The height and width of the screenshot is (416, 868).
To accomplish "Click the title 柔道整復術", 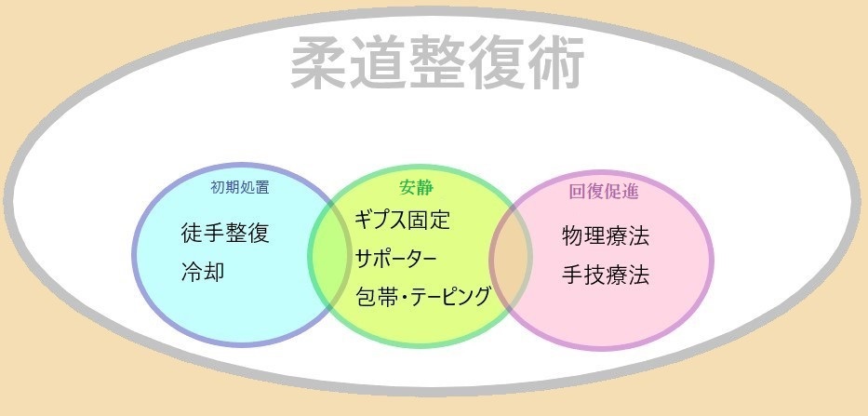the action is point(437,63).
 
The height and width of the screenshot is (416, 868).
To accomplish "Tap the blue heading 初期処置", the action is point(240,187).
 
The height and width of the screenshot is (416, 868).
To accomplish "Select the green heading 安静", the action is point(416,188).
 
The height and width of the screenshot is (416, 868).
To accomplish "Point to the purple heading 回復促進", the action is point(604,192).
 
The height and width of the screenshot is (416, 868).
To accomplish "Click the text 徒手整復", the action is point(225,233).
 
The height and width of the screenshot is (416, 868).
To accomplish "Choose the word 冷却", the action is point(203,272).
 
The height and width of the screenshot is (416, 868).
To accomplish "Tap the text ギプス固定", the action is point(403,220).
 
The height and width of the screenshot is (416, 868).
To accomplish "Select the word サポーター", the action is point(395,259).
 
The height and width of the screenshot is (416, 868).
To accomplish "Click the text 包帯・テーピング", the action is point(423,296).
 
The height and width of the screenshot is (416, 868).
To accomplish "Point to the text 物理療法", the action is point(606,236).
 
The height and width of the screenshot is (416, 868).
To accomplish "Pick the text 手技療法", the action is point(606,275).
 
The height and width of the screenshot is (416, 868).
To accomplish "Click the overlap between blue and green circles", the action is point(330,256).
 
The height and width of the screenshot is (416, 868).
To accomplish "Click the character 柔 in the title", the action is point(319,63).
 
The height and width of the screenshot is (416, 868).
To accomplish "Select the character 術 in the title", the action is point(555,63).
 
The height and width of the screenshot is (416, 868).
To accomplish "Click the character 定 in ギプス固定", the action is point(439,220).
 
